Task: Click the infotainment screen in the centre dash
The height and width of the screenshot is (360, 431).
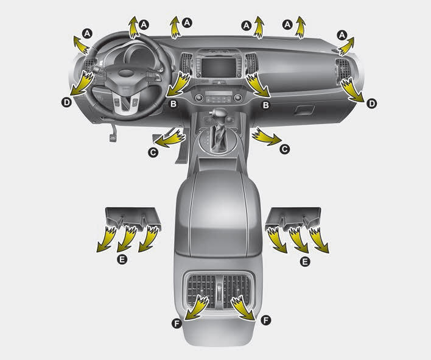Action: click(x=219, y=68)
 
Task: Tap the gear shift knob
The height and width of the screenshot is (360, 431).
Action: click(x=219, y=113)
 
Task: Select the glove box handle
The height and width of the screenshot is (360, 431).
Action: click(x=304, y=110)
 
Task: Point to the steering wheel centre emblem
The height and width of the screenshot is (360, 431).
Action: click(x=125, y=72)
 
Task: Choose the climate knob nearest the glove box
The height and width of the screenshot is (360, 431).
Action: click(x=238, y=97)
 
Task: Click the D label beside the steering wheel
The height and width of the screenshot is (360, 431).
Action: click(x=66, y=102)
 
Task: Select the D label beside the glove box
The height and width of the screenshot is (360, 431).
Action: click(x=371, y=104)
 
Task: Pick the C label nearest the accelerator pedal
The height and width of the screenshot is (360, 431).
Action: click(x=153, y=152)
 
